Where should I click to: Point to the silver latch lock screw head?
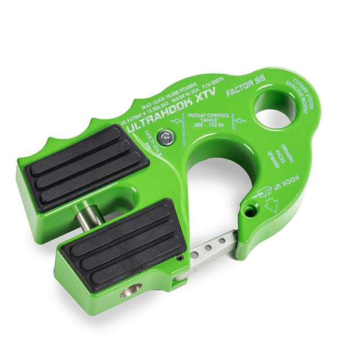[x=167, y=138]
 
